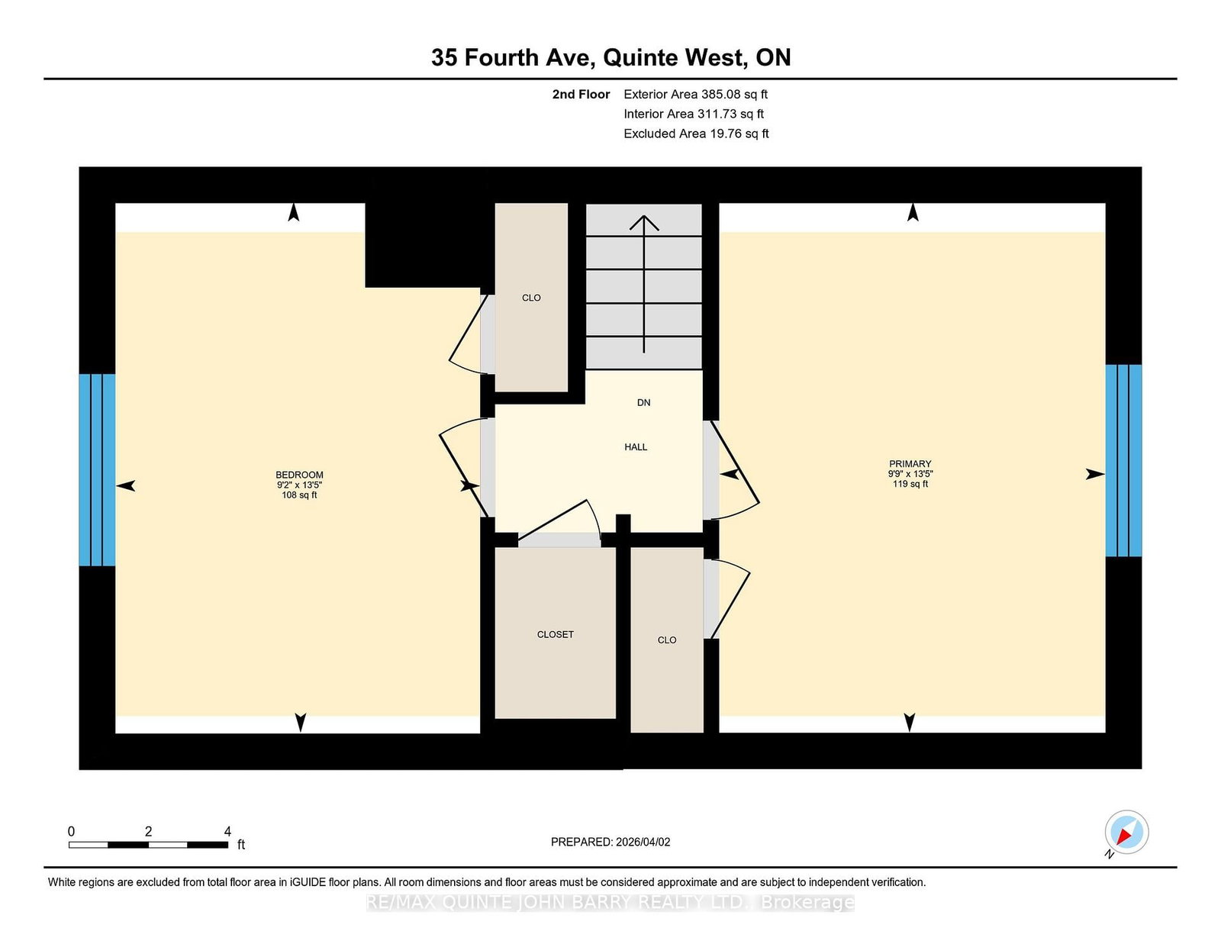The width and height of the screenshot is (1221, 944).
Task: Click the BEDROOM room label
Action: [x=299, y=475]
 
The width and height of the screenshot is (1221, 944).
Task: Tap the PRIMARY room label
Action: [x=910, y=464]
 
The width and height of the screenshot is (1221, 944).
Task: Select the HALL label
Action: [x=636, y=447]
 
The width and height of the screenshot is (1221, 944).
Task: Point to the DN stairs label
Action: [x=643, y=403]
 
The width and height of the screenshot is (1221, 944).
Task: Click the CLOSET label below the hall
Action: [x=555, y=635]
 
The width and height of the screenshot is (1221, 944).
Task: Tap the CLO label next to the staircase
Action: [x=531, y=298]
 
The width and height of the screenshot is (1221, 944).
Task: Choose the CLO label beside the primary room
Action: [x=666, y=640]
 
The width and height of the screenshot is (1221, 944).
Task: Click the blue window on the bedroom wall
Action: [x=97, y=469]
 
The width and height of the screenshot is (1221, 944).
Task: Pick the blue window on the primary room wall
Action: [x=1123, y=460]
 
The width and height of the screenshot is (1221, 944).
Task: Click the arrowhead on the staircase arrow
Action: [x=644, y=222]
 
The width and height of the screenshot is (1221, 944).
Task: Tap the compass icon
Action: [x=1126, y=832]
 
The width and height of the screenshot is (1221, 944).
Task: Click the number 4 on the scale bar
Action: [x=227, y=831]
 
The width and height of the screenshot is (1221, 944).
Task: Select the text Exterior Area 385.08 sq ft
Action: [x=695, y=95]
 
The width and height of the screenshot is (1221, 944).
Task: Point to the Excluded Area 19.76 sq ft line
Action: [x=696, y=134]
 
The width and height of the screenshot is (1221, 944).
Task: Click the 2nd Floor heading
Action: [x=581, y=95]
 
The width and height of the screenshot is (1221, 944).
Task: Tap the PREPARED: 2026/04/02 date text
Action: [x=610, y=842]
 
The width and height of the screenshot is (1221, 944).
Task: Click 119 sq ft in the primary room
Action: [x=910, y=484]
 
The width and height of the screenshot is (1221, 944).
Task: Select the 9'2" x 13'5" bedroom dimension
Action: [x=299, y=485]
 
